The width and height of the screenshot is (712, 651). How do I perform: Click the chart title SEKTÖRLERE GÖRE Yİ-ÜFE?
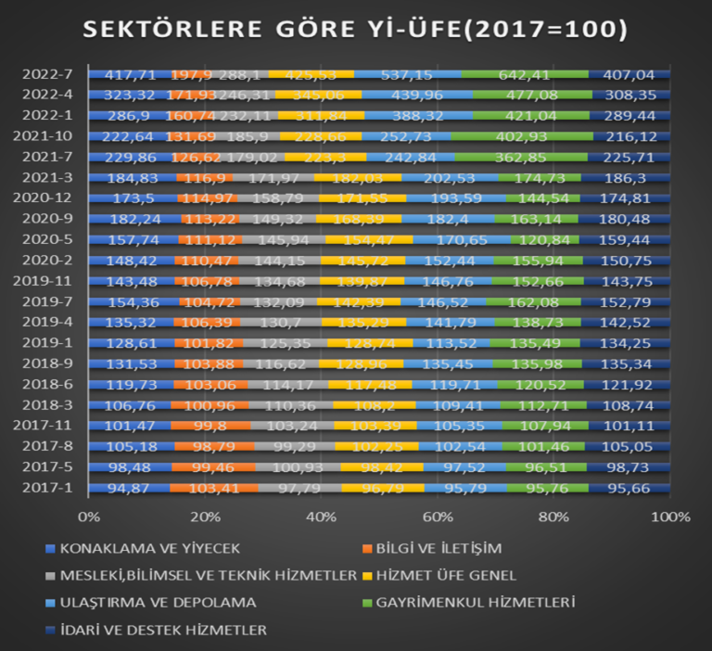click(356, 30)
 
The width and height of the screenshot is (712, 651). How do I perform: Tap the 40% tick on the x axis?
click(321, 516)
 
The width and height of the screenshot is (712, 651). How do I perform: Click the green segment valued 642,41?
click(525, 73)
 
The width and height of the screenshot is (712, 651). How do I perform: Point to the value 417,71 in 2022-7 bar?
click(129, 73)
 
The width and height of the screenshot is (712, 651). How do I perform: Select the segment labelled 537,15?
click(408, 73)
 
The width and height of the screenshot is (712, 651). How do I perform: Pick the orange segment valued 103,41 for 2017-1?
click(215, 489)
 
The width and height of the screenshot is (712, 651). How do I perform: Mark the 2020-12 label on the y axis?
click(48, 198)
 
